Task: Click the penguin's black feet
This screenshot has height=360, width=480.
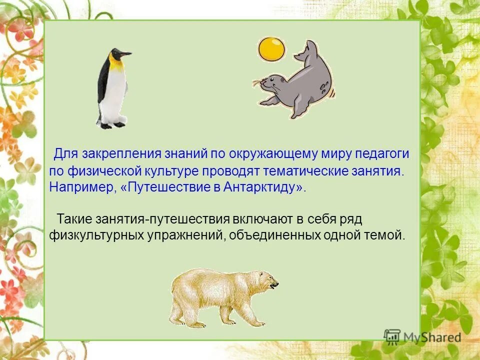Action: click(112, 125)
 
